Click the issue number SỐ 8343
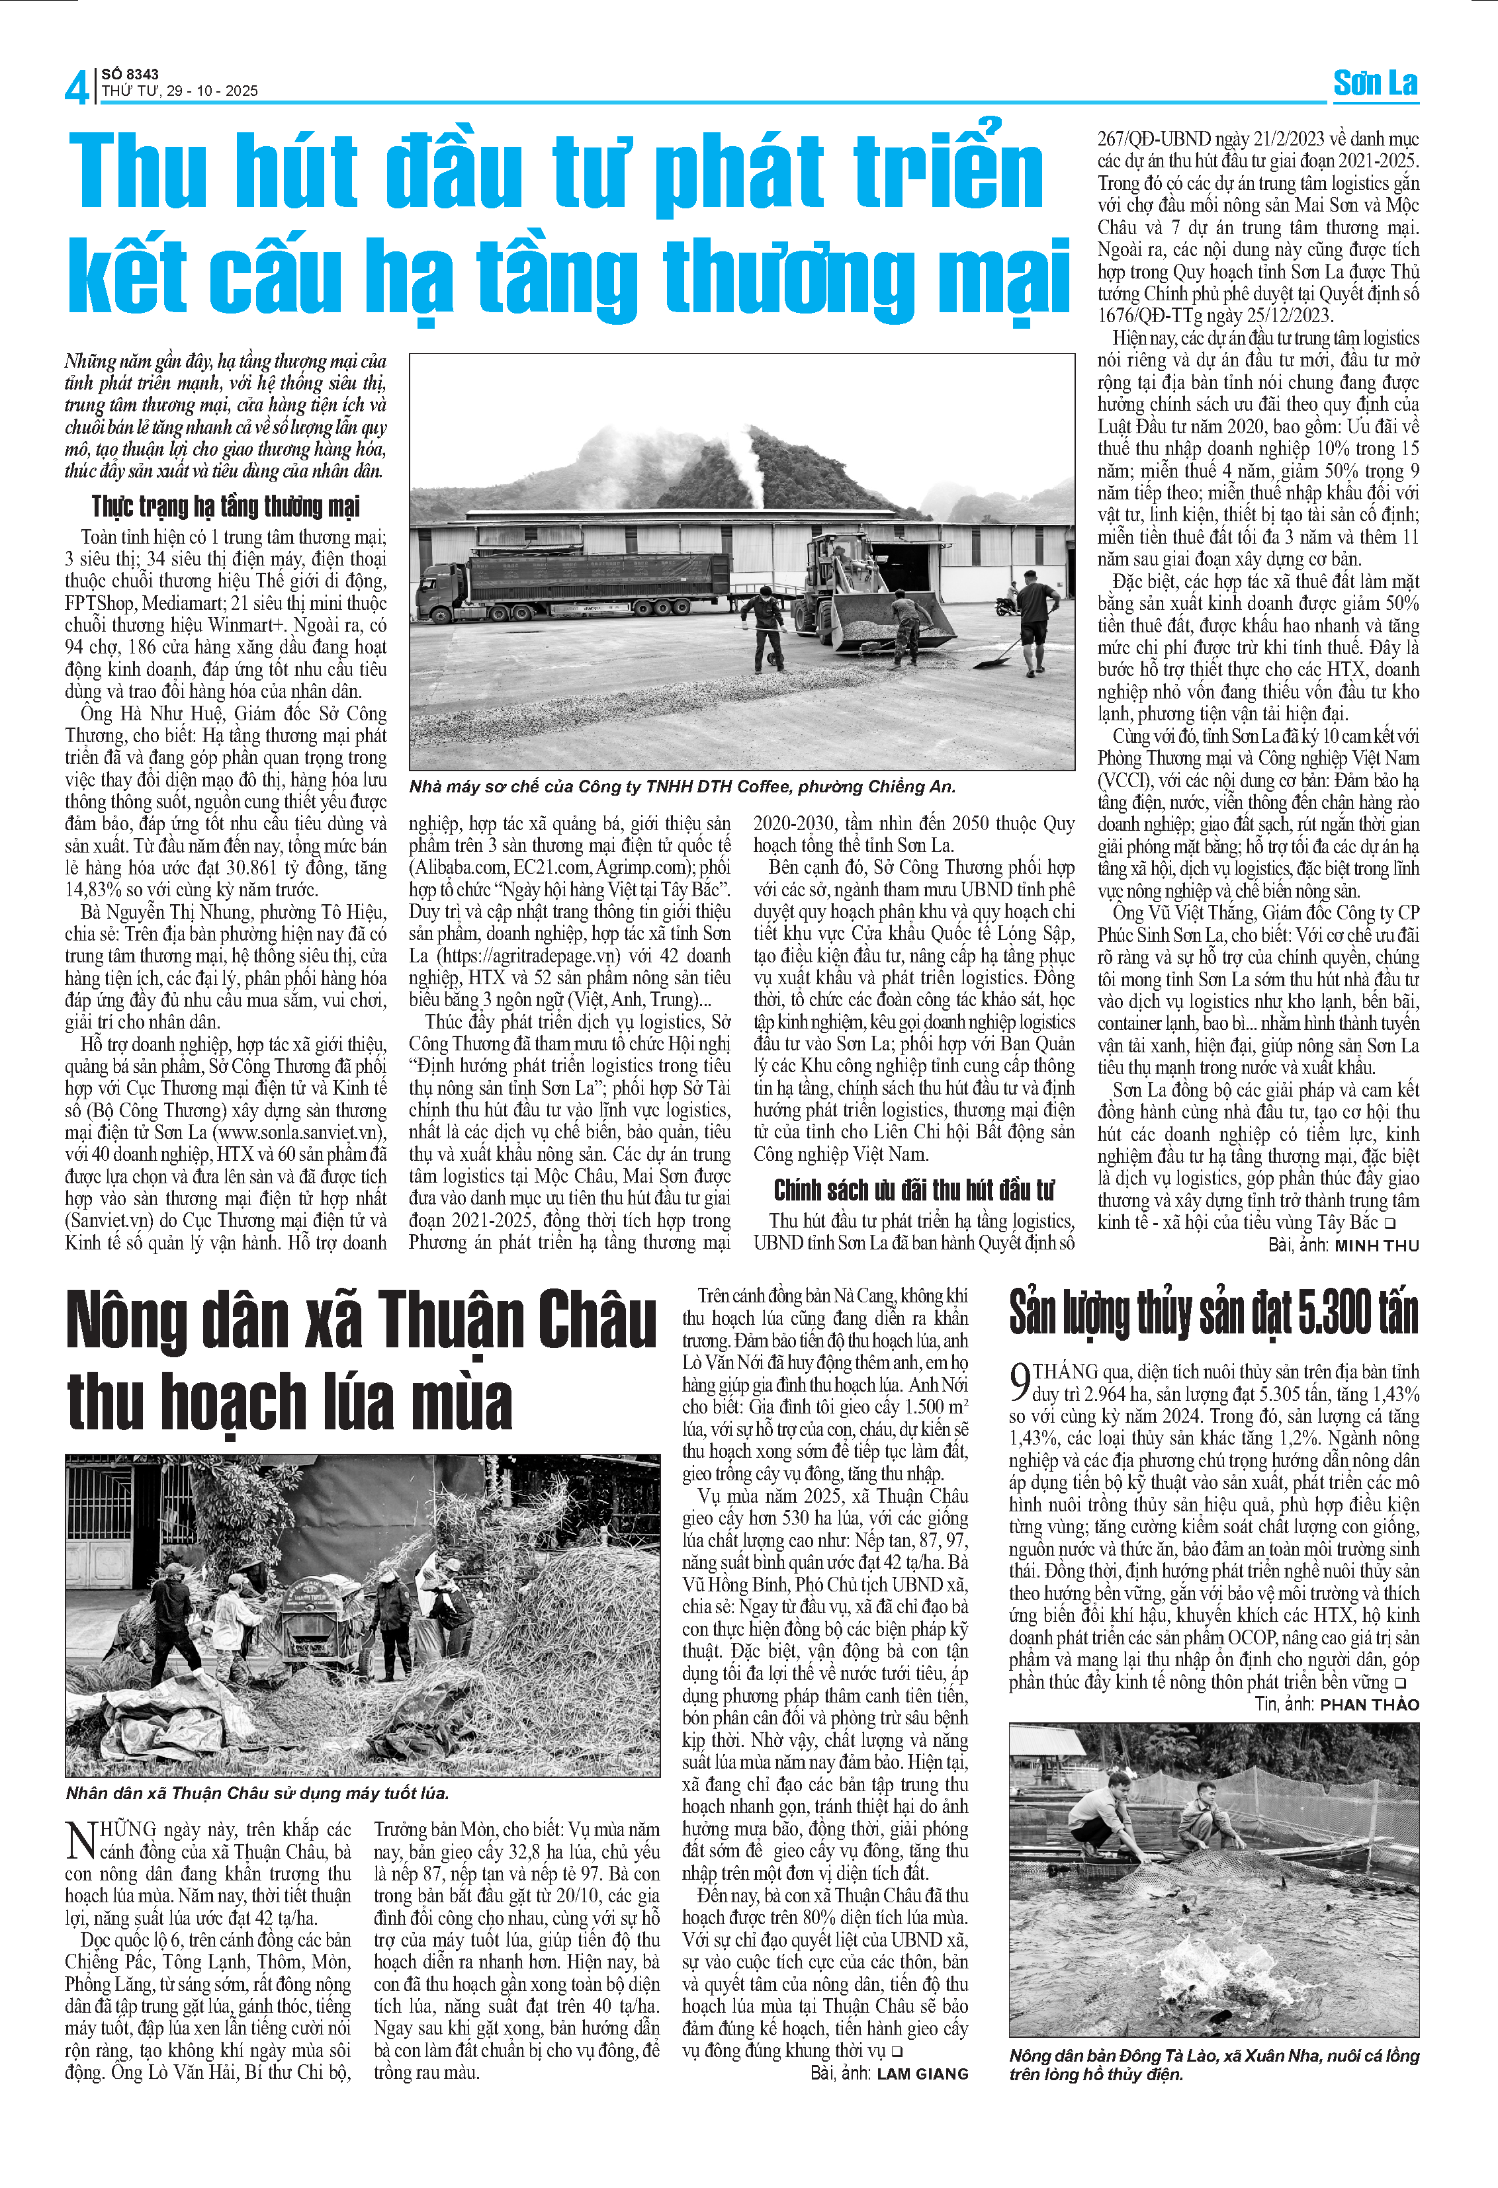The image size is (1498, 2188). tap(130, 73)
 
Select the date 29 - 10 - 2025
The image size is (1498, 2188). tap(213, 91)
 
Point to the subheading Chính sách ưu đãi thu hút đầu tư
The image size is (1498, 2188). tap(913, 1190)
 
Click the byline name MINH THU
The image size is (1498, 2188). tap(1376, 1245)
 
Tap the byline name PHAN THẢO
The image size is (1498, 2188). tap(1369, 1704)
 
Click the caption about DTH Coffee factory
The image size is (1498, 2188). tap(682, 787)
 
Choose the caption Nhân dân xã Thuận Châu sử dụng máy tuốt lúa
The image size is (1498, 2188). tap(257, 1794)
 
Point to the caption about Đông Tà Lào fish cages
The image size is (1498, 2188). tap(1213, 2065)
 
